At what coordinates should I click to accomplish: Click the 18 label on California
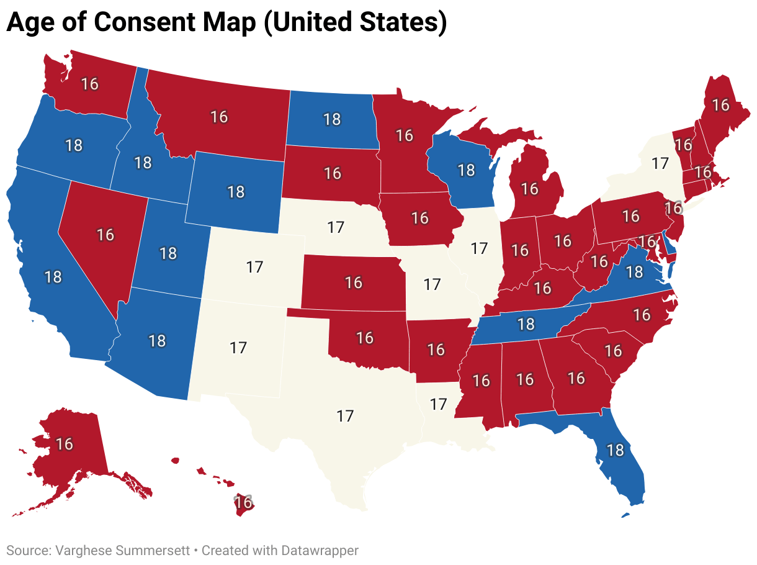point(53,276)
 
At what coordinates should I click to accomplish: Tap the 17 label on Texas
point(345,416)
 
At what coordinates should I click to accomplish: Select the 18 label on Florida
point(615,450)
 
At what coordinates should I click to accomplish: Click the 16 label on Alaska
point(65,444)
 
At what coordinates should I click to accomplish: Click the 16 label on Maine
point(720,105)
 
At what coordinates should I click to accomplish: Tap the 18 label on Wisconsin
point(465,169)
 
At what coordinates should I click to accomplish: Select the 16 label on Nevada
point(105,235)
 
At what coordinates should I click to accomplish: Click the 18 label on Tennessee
point(526,323)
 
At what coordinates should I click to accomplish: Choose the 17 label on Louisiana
point(438,404)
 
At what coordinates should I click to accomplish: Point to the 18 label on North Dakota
point(332,119)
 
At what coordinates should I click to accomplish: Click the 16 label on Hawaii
point(244,502)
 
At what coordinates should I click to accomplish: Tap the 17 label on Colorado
point(254,267)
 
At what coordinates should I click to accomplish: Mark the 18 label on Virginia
point(634,271)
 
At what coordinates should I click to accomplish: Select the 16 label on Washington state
point(90,83)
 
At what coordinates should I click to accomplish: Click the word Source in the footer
point(27,550)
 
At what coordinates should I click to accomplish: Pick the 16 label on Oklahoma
point(365,337)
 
